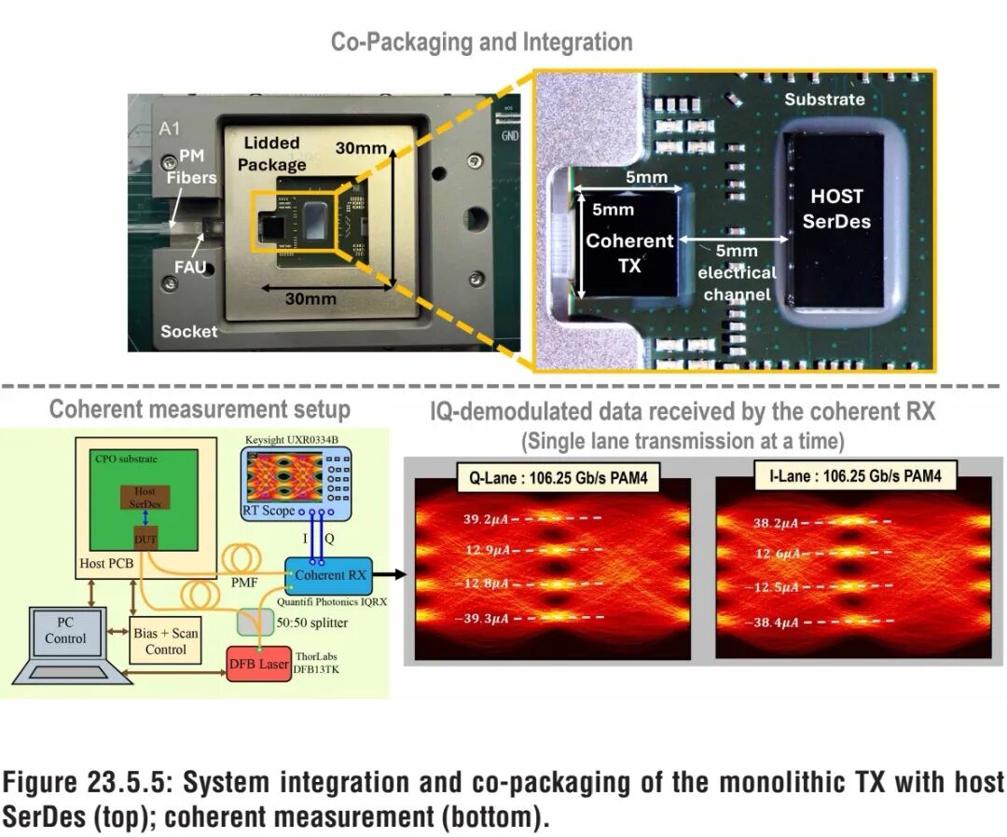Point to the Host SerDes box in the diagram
point(145,497)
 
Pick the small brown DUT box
point(146,539)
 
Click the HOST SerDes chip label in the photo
point(836,209)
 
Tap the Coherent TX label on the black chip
point(629,253)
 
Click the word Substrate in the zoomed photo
point(824,99)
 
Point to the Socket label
point(188,331)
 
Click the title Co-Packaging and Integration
point(481,42)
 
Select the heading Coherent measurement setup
point(200,409)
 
